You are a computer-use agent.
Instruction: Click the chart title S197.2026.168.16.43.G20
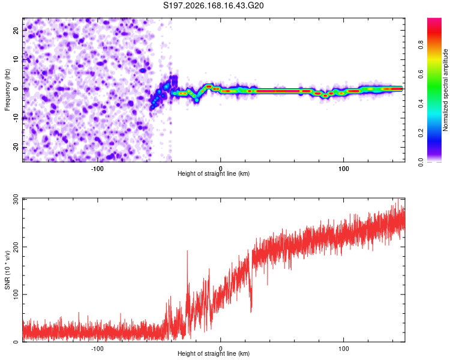[x=213, y=5]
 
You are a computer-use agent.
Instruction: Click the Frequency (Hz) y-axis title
[x=7, y=89]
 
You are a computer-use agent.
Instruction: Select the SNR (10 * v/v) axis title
[x=7, y=270]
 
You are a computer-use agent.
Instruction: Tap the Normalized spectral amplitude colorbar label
[x=445, y=90]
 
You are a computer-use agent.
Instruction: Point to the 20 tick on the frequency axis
[x=16, y=31]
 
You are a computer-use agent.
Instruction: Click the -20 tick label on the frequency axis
[x=16, y=147]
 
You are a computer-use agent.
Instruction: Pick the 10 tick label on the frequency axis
[x=16, y=60]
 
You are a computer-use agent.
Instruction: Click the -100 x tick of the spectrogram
[x=97, y=169]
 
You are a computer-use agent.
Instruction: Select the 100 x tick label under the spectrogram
[x=344, y=169]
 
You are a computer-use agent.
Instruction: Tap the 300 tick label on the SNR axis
[x=16, y=200]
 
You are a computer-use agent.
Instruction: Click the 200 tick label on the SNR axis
[x=16, y=247]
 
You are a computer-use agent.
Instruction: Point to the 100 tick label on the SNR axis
[x=16, y=294]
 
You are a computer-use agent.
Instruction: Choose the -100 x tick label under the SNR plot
[x=97, y=349]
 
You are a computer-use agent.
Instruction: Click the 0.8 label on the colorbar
[x=421, y=45]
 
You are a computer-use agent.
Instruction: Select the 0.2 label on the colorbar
[x=421, y=133]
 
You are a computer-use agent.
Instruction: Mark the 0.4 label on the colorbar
[x=421, y=104]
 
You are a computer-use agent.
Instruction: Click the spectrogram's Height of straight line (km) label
[x=214, y=173]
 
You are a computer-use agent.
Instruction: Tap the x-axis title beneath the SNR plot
[x=214, y=353]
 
